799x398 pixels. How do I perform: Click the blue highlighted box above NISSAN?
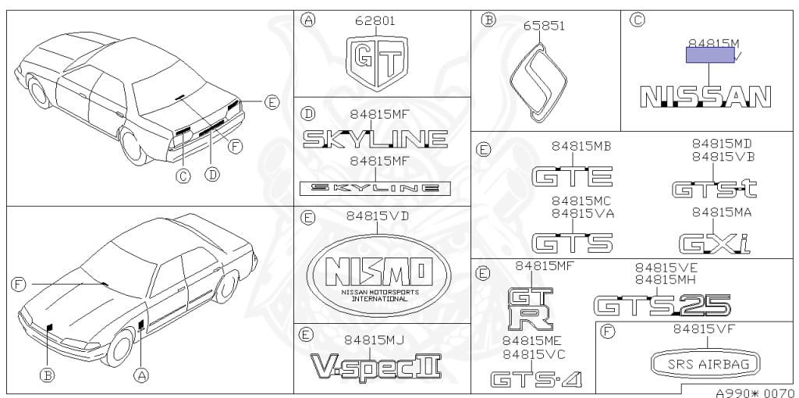(709, 54)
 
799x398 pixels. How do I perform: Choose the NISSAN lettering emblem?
(705, 96)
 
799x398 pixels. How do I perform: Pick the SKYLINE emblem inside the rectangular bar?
(375, 187)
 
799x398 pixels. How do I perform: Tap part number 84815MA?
(722, 211)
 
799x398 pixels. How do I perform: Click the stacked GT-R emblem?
(530, 307)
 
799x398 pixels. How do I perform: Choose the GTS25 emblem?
(662, 304)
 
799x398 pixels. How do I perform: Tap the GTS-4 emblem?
(535, 379)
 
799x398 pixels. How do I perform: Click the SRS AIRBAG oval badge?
(705, 364)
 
